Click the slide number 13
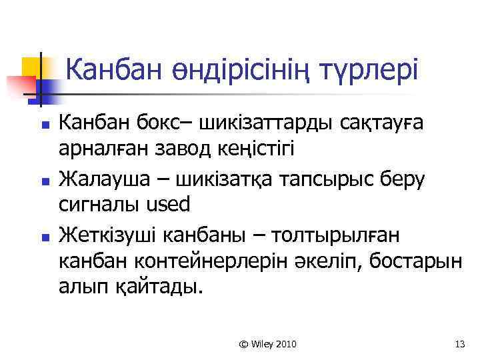click(x=458, y=344)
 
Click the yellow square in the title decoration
click(x=32, y=67)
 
